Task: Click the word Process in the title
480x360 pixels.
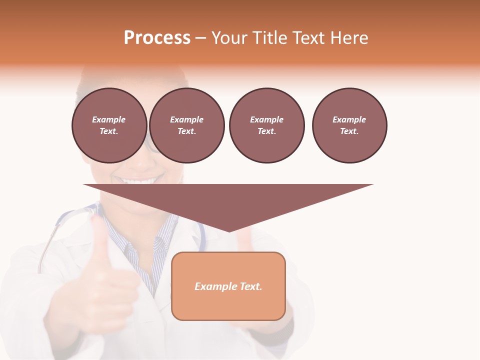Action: (157, 38)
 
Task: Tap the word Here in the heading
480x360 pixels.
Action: (349, 38)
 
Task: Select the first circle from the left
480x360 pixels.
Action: (109, 125)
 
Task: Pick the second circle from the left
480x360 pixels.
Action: (187, 125)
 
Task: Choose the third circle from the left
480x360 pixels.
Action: (266, 125)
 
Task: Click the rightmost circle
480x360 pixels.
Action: (349, 125)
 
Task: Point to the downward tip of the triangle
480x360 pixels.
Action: (228, 230)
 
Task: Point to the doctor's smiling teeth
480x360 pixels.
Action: (137, 180)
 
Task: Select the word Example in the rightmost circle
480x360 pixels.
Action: (349, 119)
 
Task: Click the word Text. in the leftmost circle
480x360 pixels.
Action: (109, 131)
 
